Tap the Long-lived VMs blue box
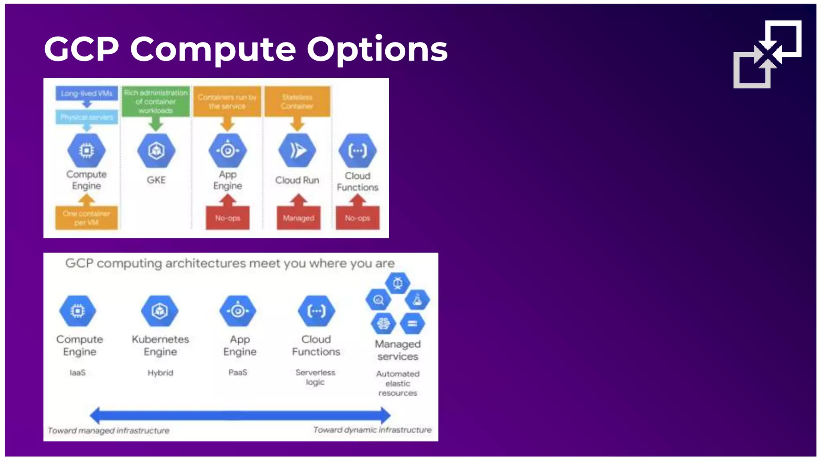tap(87, 93)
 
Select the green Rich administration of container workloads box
tap(156, 101)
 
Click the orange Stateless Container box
tap(297, 101)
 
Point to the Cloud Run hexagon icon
tap(297, 150)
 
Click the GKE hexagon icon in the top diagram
tap(156, 150)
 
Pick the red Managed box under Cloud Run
tap(298, 218)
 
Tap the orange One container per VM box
tap(86, 218)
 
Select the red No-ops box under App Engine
tap(227, 218)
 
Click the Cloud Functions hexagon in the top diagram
tap(357, 150)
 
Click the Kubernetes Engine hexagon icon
tap(160, 311)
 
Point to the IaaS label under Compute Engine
tap(77, 373)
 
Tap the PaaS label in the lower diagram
tap(238, 373)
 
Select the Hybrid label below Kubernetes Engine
tap(160, 373)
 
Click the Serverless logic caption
tap(315, 377)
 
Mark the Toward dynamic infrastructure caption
tap(372, 430)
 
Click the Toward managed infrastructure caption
tap(108, 431)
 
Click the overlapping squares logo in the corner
tap(767, 54)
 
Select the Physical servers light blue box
tap(87, 117)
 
